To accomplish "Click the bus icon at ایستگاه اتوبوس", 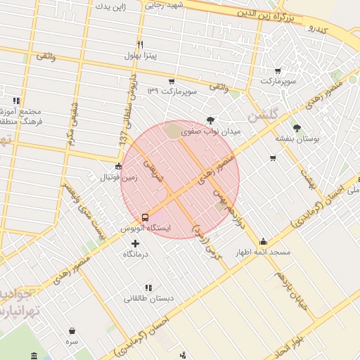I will (x=145, y=217).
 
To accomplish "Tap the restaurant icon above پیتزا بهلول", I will (x=141, y=44).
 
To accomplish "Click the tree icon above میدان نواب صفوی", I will (x=210, y=120).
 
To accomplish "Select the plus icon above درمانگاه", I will (x=136, y=243).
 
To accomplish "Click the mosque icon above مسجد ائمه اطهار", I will (x=264, y=240).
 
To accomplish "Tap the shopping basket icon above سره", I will (x=72, y=330).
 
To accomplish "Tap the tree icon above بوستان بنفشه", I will (x=297, y=128).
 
